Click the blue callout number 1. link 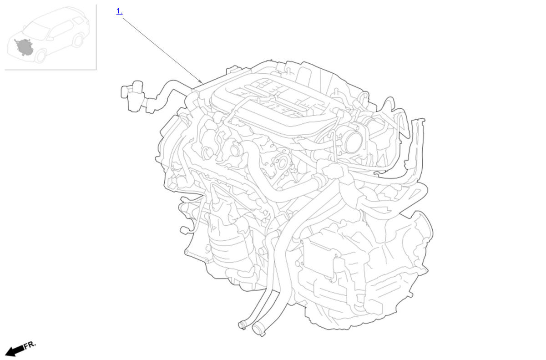[119, 11]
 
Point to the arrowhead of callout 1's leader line [201, 81]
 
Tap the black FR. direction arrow [15, 351]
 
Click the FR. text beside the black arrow [30, 345]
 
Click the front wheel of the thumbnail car [40, 56]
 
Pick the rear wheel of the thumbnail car [78, 41]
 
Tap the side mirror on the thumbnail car [50, 39]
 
